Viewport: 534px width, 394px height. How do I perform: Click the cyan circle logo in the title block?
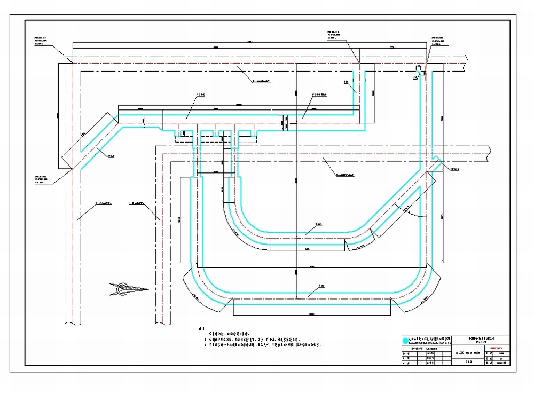click(x=405, y=340)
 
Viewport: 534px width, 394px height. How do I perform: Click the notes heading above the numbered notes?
click(x=201, y=327)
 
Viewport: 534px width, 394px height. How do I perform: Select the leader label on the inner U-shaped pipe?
click(x=318, y=224)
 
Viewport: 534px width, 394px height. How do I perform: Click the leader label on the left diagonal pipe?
click(x=111, y=156)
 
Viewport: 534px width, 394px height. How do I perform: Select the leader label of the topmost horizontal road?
click(x=264, y=82)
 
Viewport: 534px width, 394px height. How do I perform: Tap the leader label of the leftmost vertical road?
click(x=103, y=203)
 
